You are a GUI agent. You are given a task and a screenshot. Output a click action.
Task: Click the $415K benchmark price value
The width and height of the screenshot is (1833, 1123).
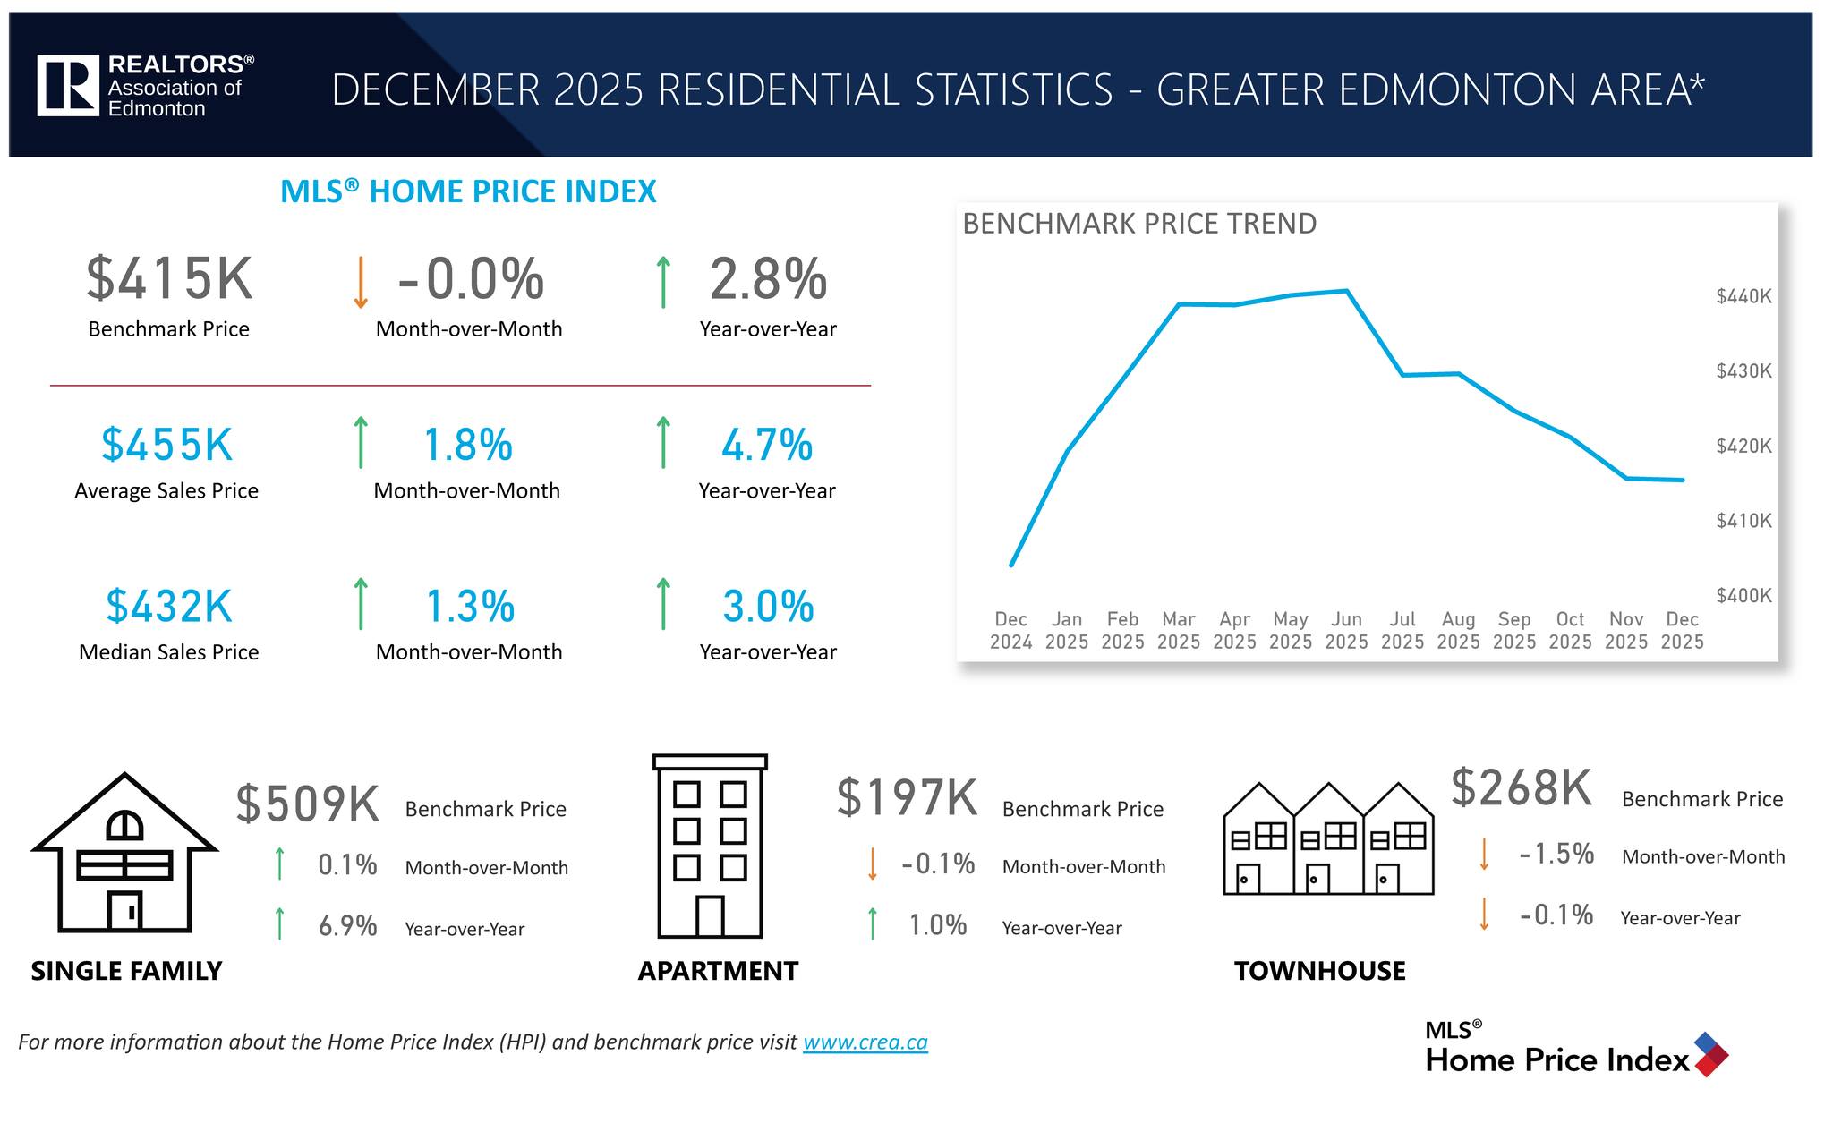click(x=169, y=279)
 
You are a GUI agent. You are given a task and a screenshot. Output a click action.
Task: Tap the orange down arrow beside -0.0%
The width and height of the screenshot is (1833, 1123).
click(x=360, y=283)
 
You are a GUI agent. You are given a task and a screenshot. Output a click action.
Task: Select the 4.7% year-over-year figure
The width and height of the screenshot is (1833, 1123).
click(x=767, y=446)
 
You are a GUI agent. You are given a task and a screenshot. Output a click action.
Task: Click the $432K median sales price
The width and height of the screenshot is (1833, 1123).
click(x=169, y=607)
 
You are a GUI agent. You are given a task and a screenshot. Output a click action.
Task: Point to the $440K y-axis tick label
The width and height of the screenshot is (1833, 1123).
click(x=1743, y=296)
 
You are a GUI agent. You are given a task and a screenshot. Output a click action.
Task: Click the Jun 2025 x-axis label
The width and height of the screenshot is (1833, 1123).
click(x=1346, y=630)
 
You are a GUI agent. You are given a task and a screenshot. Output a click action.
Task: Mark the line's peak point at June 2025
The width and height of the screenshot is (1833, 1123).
click(x=1347, y=291)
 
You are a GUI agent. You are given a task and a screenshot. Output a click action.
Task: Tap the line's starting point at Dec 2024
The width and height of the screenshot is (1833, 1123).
click(x=1011, y=565)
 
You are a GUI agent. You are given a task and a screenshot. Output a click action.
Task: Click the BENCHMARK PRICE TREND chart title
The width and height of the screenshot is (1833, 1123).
click(x=1138, y=224)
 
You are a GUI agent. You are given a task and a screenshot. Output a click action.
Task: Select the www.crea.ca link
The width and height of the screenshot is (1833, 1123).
click(x=865, y=1042)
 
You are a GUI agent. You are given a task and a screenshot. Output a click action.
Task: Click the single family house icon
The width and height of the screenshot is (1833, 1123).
click(x=124, y=855)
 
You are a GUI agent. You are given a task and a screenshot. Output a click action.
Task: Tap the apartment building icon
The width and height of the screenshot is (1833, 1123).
click(x=710, y=847)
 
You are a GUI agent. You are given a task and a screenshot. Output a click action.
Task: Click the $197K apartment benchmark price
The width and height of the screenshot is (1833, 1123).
click(x=907, y=798)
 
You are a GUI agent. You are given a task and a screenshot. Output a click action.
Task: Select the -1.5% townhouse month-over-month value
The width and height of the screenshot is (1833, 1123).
click(x=1556, y=854)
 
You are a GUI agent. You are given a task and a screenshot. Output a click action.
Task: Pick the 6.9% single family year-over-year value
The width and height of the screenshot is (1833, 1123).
click(x=347, y=926)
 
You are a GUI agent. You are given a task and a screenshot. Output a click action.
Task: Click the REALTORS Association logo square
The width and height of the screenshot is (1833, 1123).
click(x=68, y=85)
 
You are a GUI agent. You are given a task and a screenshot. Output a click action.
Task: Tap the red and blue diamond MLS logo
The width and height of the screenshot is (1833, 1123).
click(x=1710, y=1054)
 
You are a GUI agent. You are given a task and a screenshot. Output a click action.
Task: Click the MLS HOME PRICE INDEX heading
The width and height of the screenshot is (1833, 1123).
click(x=468, y=191)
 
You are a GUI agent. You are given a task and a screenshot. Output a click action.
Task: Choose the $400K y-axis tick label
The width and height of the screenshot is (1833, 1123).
click(x=1743, y=595)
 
